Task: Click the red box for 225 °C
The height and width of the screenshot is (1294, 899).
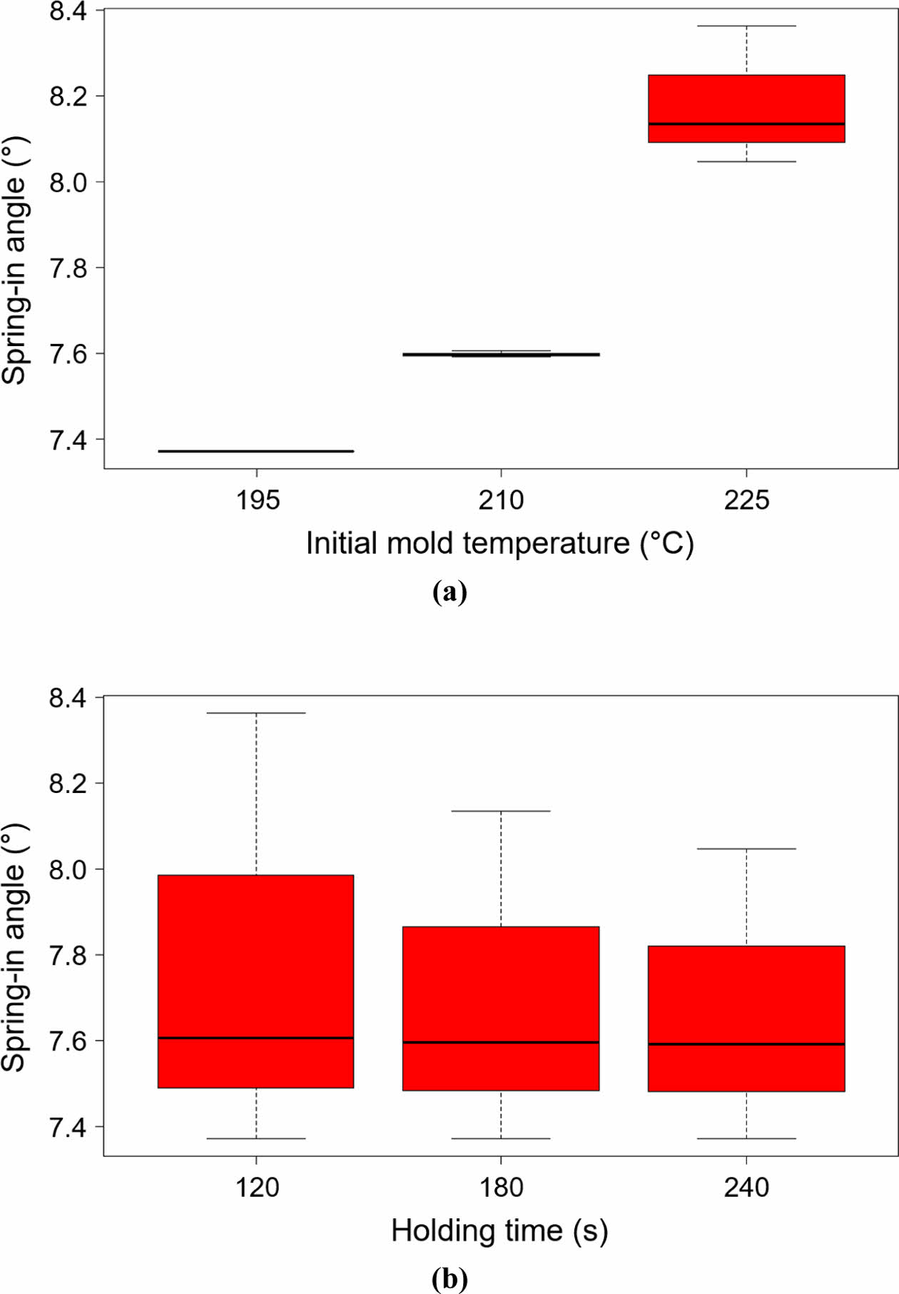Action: (746, 100)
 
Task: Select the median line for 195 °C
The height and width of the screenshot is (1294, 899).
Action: (256, 451)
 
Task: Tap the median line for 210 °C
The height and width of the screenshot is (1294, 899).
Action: (501, 354)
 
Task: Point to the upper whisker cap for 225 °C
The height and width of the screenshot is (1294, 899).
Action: (746, 26)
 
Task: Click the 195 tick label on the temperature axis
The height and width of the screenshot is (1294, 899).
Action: (257, 500)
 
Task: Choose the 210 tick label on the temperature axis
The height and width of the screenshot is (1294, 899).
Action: (501, 500)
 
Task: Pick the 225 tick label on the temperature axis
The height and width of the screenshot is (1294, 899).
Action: (746, 500)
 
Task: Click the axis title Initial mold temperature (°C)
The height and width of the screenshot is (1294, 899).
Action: (499, 544)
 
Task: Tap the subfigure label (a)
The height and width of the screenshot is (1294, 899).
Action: (449, 592)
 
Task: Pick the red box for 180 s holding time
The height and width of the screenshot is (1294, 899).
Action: (501, 985)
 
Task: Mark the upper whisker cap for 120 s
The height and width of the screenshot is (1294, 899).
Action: (256, 712)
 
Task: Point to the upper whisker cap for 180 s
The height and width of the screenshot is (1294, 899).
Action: (501, 811)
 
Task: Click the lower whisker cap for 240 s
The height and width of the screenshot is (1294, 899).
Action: (746, 1138)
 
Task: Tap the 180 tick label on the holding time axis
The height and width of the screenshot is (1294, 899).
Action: (501, 1188)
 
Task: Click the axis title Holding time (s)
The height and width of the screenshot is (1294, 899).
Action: (499, 1231)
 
